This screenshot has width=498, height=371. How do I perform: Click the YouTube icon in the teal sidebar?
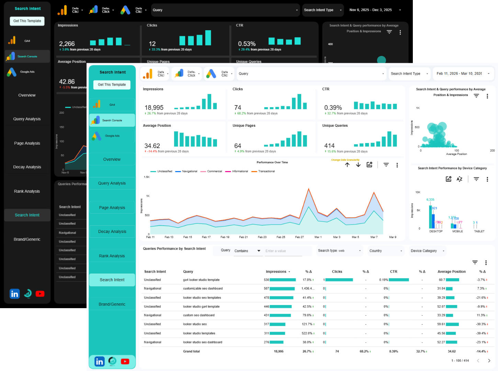(x=125, y=361)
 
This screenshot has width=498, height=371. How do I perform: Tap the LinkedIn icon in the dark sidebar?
(x=14, y=294)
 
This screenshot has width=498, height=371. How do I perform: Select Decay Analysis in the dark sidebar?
(x=27, y=167)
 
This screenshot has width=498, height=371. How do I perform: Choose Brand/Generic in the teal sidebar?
(x=112, y=304)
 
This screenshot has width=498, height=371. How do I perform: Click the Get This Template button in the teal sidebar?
(x=112, y=85)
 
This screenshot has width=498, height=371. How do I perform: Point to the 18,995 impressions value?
(x=154, y=108)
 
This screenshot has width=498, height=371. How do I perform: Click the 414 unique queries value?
(x=329, y=146)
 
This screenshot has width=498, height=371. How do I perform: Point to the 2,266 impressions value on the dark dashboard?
(x=67, y=44)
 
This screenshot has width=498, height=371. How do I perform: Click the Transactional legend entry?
(x=266, y=171)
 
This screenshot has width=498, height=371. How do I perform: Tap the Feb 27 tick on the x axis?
(x=299, y=237)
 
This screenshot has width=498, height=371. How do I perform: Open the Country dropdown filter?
(x=386, y=251)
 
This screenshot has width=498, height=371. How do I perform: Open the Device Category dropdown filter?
(x=427, y=251)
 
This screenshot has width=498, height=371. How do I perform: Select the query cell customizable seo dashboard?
(x=203, y=289)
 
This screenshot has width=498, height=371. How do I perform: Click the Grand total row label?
(x=191, y=351)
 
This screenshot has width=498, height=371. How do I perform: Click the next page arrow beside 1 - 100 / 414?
(x=489, y=360)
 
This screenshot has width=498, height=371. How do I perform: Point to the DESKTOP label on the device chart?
(x=436, y=231)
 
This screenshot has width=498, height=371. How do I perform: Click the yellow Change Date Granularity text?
(x=345, y=160)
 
